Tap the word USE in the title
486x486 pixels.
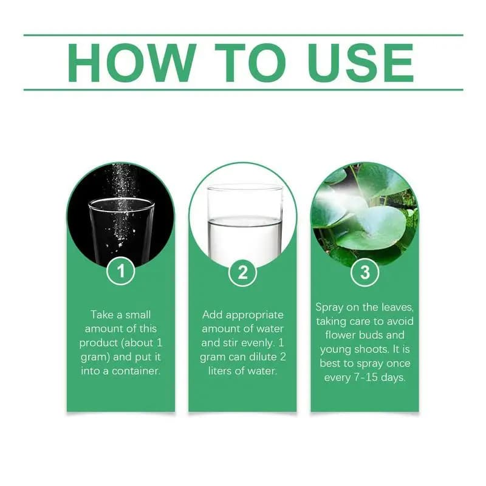click(x=361, y=63)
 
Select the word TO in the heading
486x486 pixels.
click(x=250, y=63)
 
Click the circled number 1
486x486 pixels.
click(x=120, y=270)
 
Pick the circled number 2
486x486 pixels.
click(x=242, y=272)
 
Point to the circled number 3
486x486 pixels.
click(x=365, y=272)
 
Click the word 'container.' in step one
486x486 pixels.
click(x=136, y=371)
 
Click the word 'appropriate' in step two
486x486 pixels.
click(x=255, y=315)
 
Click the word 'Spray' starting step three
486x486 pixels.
click(x=329, y=308)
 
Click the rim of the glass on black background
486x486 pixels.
click(x=122, y=199)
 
